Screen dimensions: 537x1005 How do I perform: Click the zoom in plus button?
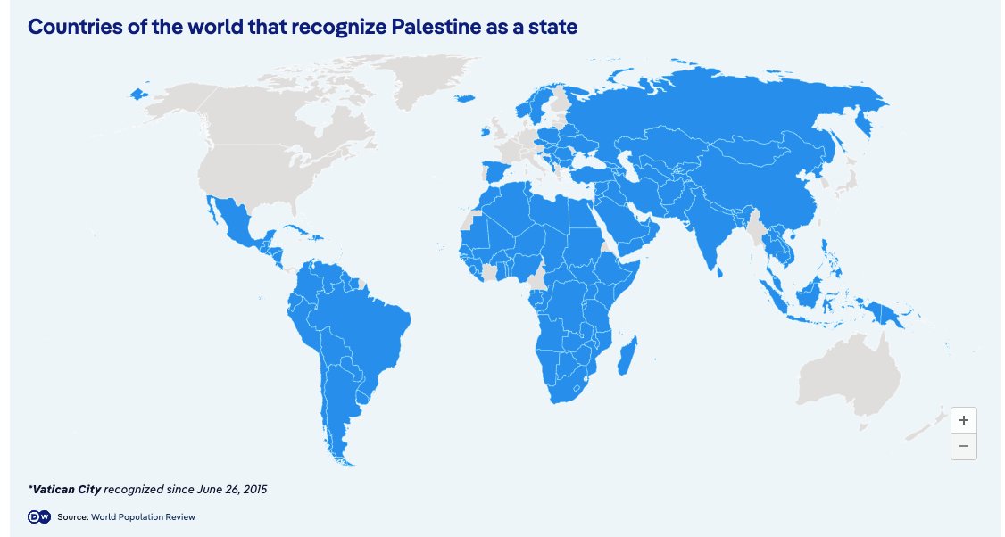tap(964, 419)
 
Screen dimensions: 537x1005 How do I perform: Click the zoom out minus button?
tap(964, 445)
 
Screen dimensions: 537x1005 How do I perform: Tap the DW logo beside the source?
tap(39, 516)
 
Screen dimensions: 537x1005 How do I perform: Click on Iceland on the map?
tap(139, 93)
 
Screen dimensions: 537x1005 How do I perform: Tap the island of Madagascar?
tap(629, 353)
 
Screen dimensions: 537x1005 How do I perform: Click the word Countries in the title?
tap(78, 28)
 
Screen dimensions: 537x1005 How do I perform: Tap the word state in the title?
tap(553, 28)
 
